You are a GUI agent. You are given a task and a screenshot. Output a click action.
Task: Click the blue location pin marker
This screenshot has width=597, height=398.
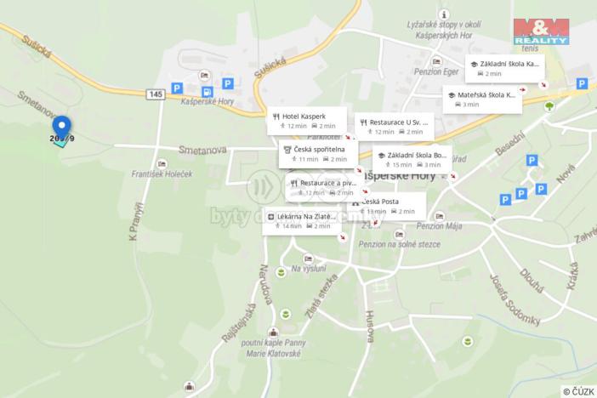(x=61, y=128)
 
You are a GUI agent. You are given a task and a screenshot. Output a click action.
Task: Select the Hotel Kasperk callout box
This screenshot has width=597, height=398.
(x=308, y=120)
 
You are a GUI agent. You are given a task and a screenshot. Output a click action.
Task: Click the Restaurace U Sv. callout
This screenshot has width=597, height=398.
(x=394, y=126)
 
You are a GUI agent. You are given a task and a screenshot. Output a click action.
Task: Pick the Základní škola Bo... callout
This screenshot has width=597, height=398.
(x=412, y=159)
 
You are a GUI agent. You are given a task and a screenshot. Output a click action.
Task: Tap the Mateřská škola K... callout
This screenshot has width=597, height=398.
(x=482, y=99)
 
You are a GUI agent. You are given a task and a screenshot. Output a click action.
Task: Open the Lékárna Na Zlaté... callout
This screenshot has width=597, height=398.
(x=303, y=220)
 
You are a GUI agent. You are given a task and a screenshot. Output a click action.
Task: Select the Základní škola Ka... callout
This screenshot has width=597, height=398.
(x=505, y=68)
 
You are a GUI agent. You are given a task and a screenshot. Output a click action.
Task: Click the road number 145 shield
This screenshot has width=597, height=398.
(x=155, y=94)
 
